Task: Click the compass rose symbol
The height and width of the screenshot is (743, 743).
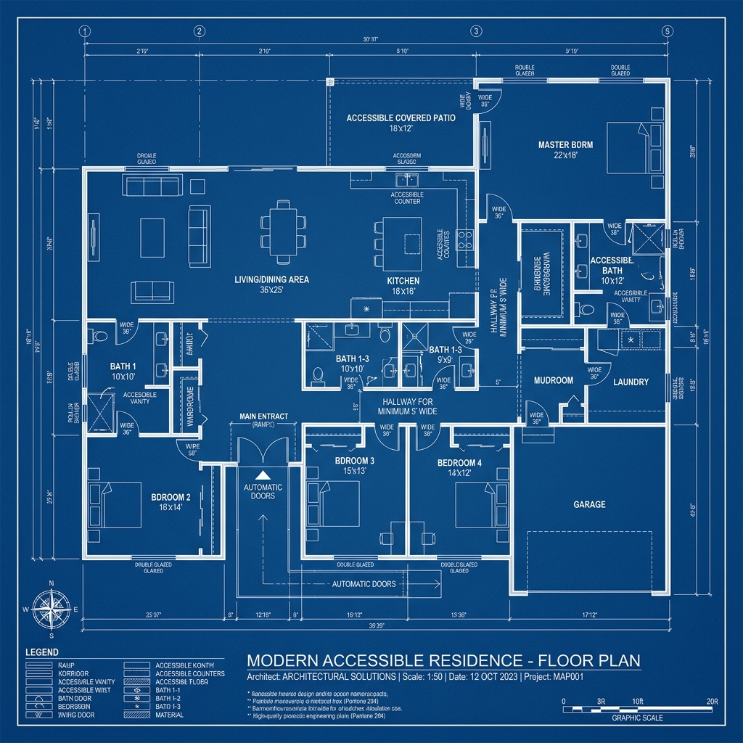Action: [51, 608]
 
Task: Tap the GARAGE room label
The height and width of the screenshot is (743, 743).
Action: [589, 504]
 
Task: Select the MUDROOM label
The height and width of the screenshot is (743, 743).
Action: [554, 380]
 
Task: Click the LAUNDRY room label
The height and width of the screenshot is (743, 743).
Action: [630, 382]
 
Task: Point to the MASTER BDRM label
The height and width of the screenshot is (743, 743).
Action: [565, 144]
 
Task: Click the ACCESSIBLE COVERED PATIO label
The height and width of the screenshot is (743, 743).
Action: [401, 118]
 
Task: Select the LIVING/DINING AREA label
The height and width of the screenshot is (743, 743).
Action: [272, 279]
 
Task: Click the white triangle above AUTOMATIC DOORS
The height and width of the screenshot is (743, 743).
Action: [263, 474]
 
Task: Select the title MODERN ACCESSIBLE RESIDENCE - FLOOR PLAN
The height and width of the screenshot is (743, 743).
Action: [443, 661]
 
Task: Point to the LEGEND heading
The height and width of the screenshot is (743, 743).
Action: [41, 652]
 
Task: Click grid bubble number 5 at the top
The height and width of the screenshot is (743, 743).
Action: [668, 30]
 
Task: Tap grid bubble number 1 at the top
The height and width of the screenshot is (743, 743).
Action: [84, 30]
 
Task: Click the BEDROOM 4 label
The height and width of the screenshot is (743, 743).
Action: [459, 463]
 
